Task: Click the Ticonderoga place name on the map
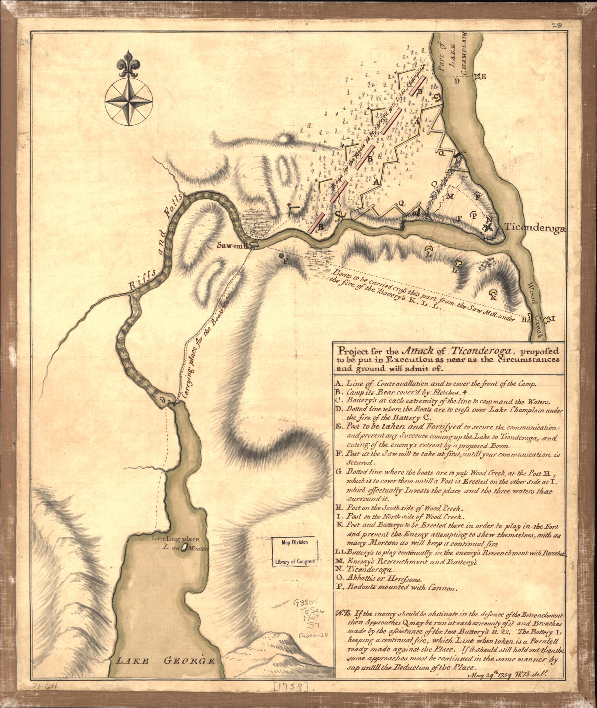[534, 228]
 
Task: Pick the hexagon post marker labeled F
[282, 256]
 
